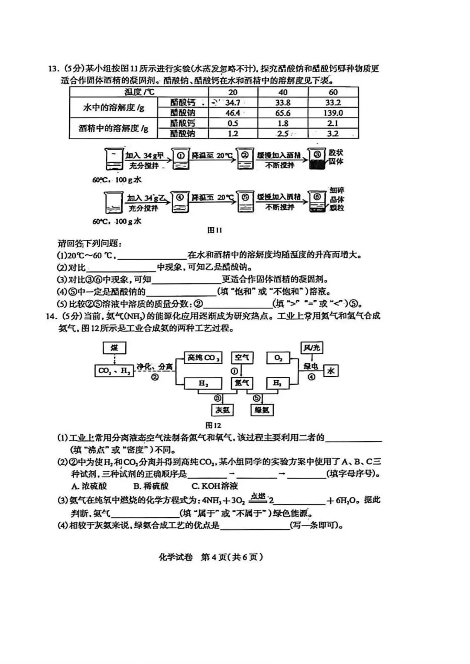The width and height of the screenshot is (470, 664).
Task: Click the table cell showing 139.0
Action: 333,113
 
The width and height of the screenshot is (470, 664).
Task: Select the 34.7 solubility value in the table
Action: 233,103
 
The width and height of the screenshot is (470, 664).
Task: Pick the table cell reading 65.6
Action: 283,113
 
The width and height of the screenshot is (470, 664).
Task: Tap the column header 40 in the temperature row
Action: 283,92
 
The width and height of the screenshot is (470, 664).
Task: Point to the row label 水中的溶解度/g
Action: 113,107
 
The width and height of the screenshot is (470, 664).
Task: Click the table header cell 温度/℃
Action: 139,92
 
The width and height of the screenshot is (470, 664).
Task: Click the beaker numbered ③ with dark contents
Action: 317,159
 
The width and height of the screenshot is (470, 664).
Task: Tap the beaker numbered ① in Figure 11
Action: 180,159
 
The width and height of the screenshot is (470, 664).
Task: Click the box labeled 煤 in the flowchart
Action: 114,348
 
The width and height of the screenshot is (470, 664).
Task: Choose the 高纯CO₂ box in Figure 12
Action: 203,358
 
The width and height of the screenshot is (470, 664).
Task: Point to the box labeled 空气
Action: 242,358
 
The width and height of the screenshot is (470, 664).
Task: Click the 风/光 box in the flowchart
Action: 312,348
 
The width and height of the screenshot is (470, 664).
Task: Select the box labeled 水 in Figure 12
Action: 331,370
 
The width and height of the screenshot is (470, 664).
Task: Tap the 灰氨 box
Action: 222,410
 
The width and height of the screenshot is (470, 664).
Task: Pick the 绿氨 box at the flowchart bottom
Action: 262,410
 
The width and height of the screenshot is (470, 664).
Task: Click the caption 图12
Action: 213,425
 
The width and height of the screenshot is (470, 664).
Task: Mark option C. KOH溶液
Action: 215,486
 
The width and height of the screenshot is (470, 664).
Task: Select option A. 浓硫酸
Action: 89,486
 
